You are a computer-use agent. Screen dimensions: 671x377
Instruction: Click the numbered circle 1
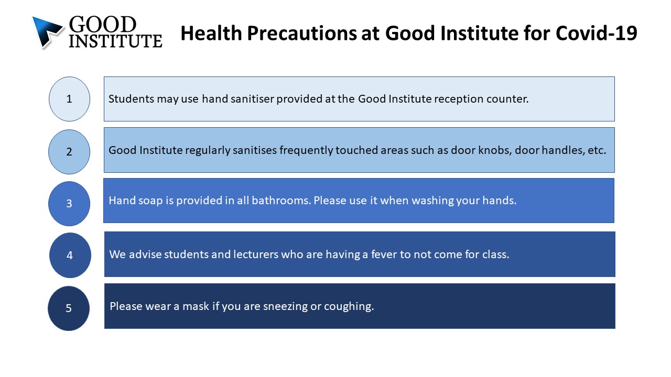pyautogui.click(x=70, y=99)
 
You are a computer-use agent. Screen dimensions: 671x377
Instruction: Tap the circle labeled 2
pyautogui.click(x=69, y=152)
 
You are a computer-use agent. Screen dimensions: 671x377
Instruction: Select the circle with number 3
pyautogui.click(x=69, y=204)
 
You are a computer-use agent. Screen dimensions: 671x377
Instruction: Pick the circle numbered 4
pyautogui.click(x=70, y=255)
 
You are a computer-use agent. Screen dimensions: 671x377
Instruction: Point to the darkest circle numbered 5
pyautogui.click(x=69, y=308)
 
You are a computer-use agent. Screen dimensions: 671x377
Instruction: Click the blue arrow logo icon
pyautogui.click(x=47, y=32)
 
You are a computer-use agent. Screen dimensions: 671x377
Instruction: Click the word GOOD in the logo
pyautogui.click(x=103, y=24)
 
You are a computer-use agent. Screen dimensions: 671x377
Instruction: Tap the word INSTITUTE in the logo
pyautogui.click(x=116, y=41)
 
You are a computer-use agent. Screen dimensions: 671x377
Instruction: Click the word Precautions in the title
pyautogui.click(x=302, y=33)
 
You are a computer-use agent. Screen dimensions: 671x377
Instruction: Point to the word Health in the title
pyautogui.click(x=211, y=33)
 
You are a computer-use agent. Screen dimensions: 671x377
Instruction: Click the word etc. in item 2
pyautogui.click(x=597, y=150)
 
